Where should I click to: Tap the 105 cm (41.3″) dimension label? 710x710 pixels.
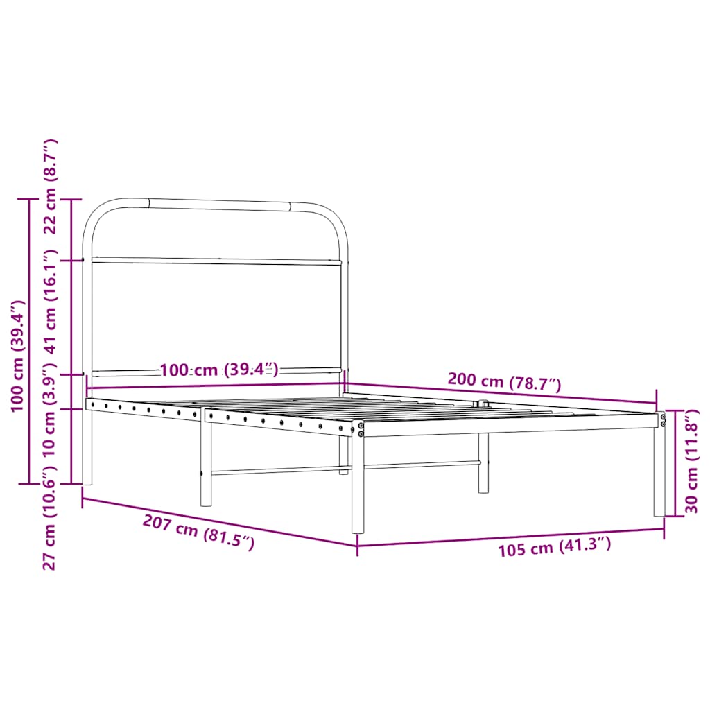tap(555, 547)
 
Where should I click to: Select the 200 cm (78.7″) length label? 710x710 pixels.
tap(504, 381)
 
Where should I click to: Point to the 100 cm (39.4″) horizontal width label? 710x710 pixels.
tap(219, 370)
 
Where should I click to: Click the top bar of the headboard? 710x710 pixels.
tap(218, 205)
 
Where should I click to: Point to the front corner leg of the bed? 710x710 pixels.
tap(358, 485)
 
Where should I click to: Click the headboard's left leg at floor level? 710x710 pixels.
tap(87, 478)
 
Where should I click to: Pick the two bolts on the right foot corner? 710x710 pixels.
tap(663, 419)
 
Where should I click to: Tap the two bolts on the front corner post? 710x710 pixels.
tap(361, 429)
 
